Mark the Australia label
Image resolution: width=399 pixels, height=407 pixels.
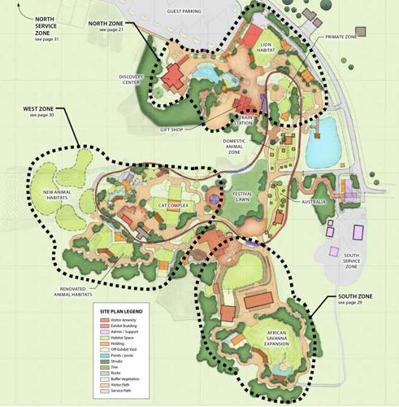[x=313, y=202]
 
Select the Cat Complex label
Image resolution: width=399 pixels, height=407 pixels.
[x=173, y=205]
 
